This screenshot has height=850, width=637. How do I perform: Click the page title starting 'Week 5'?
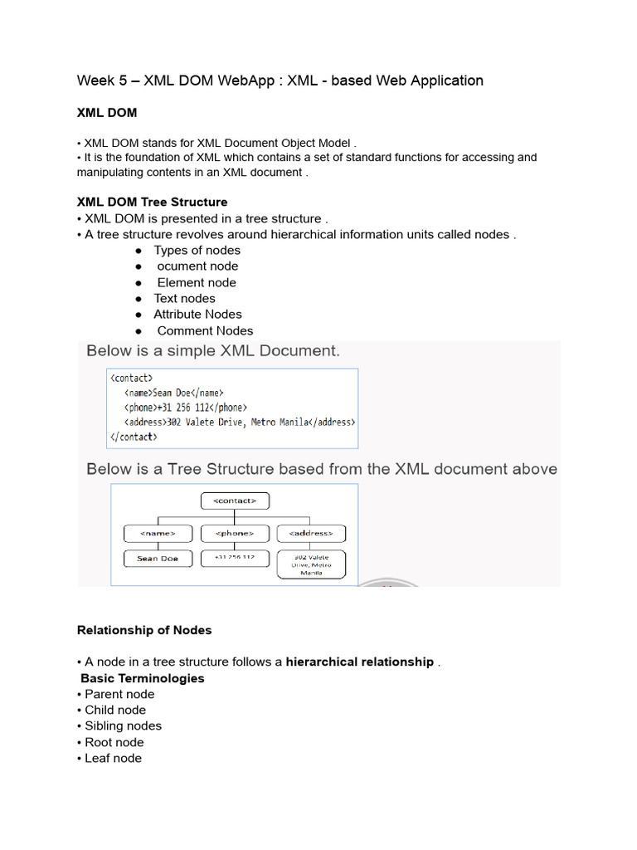pos(280,81)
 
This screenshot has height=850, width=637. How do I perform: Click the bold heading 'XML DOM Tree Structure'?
pos(152,202)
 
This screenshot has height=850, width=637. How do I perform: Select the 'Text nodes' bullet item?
pos(184,298)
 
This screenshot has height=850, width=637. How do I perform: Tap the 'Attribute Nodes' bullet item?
pos(197,314)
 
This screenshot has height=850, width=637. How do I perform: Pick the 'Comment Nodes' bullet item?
pos(205,330)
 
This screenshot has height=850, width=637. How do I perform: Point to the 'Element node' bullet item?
pos(197,282)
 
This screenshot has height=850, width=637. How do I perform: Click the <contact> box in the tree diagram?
pos(236,501)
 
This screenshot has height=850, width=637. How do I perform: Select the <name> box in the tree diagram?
pos(158,533)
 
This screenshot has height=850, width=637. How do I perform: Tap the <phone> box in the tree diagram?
pos(235,533)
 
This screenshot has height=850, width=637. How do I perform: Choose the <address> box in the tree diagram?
pos(311,533)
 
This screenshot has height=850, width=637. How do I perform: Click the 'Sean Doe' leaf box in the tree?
pos(158,559)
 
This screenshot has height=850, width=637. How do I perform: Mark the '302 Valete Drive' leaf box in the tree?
pos(311,564)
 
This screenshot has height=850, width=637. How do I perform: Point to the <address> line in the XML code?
pos(240,422)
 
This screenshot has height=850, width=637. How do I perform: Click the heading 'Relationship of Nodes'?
pos(144,630)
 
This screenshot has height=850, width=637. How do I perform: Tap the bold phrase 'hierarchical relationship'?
pos(359,662)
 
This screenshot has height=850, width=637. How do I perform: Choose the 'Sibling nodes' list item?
pos(123,725)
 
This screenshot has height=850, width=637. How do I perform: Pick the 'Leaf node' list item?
pos(113,758)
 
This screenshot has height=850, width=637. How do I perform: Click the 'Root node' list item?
pos(114,742)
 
